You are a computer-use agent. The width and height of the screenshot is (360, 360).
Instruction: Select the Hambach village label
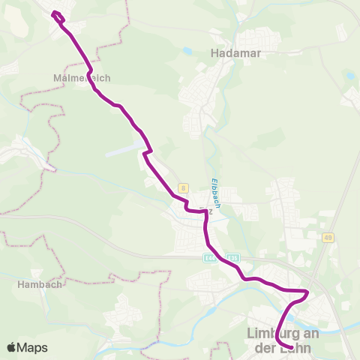(x=39, y=285)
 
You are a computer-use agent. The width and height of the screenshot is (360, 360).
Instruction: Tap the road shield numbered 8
(x=182, y=187)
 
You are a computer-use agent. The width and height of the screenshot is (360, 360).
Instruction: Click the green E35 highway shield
(x=235, y=257)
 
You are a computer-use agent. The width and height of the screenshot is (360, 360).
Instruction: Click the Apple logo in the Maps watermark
(x=11, y=347)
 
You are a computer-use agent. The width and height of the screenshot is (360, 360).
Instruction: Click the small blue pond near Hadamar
(x=186, y=51)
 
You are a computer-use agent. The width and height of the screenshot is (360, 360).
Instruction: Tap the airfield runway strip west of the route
(x=124, y=151)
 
